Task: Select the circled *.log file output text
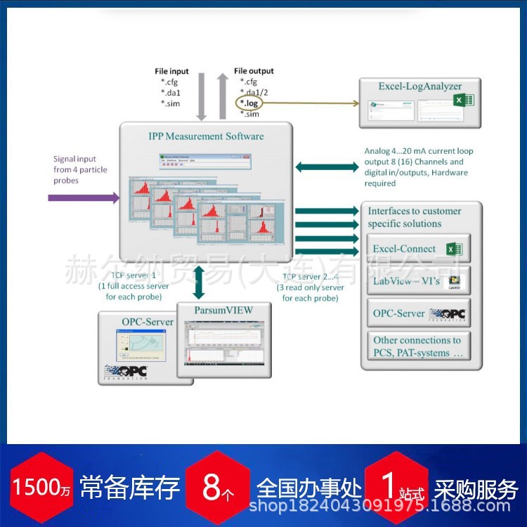pos(249,103)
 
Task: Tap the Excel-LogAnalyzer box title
pos(410,86)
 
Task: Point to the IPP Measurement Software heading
pos(206,136)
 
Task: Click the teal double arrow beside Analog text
pos(327,167)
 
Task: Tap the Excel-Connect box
pos(419,249)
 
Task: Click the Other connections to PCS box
pos(419,346)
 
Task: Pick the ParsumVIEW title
pos(224,310)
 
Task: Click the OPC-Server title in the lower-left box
pos(148,321)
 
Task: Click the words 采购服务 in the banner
pos(476,487)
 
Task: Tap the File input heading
pos(172,71)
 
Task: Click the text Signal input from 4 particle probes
pos(75,169)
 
